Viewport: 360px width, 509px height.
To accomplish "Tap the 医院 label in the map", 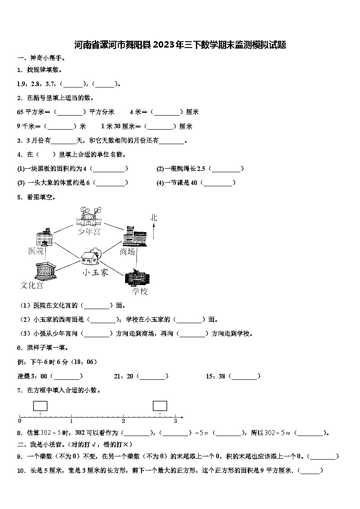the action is (x=36, y=251).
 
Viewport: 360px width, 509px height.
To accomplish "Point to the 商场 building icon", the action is (x=134, y=235).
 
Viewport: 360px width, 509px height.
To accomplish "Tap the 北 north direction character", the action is (x=154, y=218).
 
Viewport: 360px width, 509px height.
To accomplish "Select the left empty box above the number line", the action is (x=40, y=406).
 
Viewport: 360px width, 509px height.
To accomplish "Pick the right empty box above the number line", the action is (x=160, y=406).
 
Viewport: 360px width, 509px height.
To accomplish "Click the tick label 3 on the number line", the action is (x=175, y=422).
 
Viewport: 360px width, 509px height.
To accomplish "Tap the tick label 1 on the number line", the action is (x=72, y=422).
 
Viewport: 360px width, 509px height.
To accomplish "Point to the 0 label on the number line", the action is (x=19, y=422).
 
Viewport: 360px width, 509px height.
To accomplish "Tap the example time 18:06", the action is (x=85, y=362).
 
